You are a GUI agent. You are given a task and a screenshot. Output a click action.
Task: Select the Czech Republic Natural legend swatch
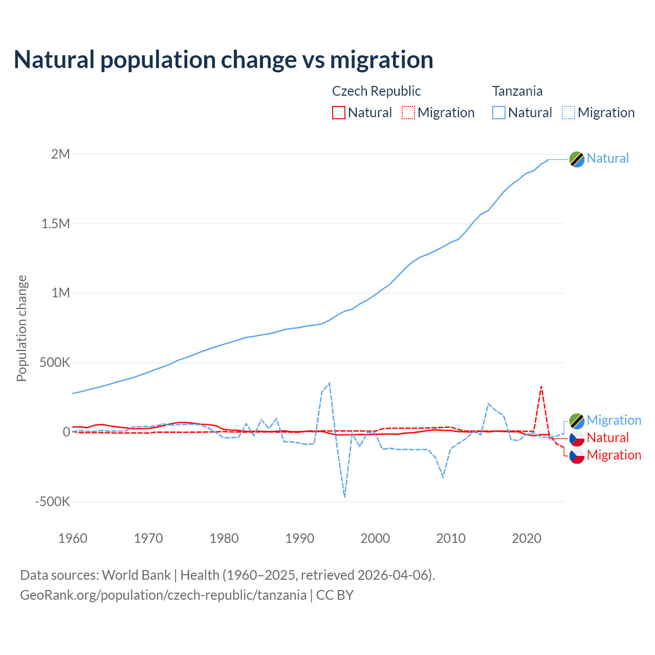[x=338, y=113]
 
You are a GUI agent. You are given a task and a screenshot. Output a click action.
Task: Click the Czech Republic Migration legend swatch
[x=408, y=113]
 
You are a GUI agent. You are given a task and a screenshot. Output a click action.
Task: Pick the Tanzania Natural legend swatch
[x=498, y=113]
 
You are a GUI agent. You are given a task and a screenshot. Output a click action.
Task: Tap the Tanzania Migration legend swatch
[x=569, y=113]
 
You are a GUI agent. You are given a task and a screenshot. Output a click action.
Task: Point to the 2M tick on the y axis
[x=60, y=154]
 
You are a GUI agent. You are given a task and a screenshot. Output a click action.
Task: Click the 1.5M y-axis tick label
[x=56, y=224]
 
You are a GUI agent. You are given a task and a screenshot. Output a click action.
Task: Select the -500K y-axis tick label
[x=52, y=501]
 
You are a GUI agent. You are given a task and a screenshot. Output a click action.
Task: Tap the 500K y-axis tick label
[x=55, y=363]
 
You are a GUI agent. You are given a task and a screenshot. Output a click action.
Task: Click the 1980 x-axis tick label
[x=224, y=538]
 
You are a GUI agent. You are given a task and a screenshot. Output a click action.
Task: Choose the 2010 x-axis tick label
[x=451, y=538]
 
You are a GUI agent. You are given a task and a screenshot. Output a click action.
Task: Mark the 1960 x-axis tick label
[x=73, y=538]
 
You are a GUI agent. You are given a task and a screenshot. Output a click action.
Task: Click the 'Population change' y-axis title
[x=21, y=328]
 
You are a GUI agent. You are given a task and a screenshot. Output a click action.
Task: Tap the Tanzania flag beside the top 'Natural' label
[x=577, y=159]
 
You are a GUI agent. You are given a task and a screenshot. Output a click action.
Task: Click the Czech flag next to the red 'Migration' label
[x=577, y=455]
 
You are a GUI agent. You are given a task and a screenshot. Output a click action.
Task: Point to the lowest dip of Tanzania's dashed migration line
[x=344, y=497]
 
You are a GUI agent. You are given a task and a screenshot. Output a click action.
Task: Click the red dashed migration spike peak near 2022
[x=541, y=386]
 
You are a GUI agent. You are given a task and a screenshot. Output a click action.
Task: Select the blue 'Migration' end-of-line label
[x=614, y=421]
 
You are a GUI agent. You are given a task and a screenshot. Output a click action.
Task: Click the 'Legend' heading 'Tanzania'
[x=517, y=91]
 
